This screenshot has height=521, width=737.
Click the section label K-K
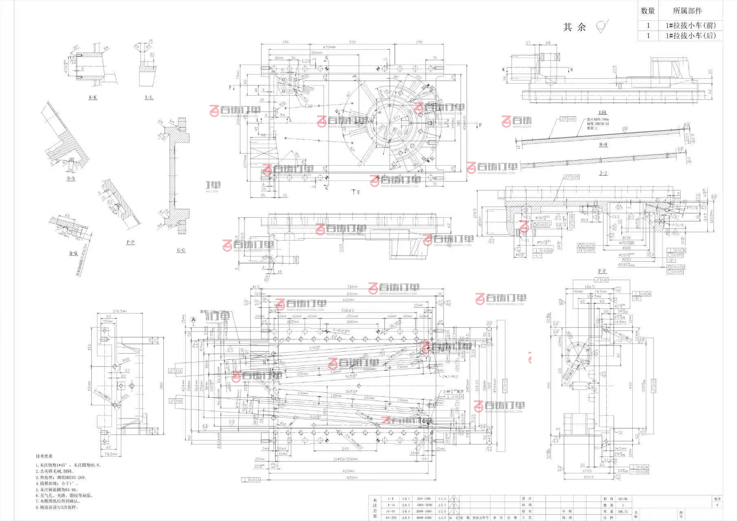[x=93, y=97]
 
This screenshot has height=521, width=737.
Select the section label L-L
[x=149, y=97]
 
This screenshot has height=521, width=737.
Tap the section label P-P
[x=130, y=242]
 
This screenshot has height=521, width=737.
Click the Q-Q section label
[x=73, y=253]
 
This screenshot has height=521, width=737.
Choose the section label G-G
[x=181, y=250]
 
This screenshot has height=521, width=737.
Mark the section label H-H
[x=603, y=144]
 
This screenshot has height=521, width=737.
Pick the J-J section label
[x=603, y=173]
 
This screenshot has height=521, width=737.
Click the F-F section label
[x=602, y=271]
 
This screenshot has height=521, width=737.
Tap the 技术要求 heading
[x=44, y=456]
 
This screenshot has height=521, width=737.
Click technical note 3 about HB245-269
[x=61, y=477]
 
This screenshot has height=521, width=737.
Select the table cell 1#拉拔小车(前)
[x=691, y=25]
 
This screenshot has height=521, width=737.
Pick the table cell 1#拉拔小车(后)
[x=691, y=36]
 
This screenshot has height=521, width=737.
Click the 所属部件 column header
[x=688, y=11]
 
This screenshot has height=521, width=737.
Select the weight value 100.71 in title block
[x=623, y=511]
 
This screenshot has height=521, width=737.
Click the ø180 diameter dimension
[x=626, y=248]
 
